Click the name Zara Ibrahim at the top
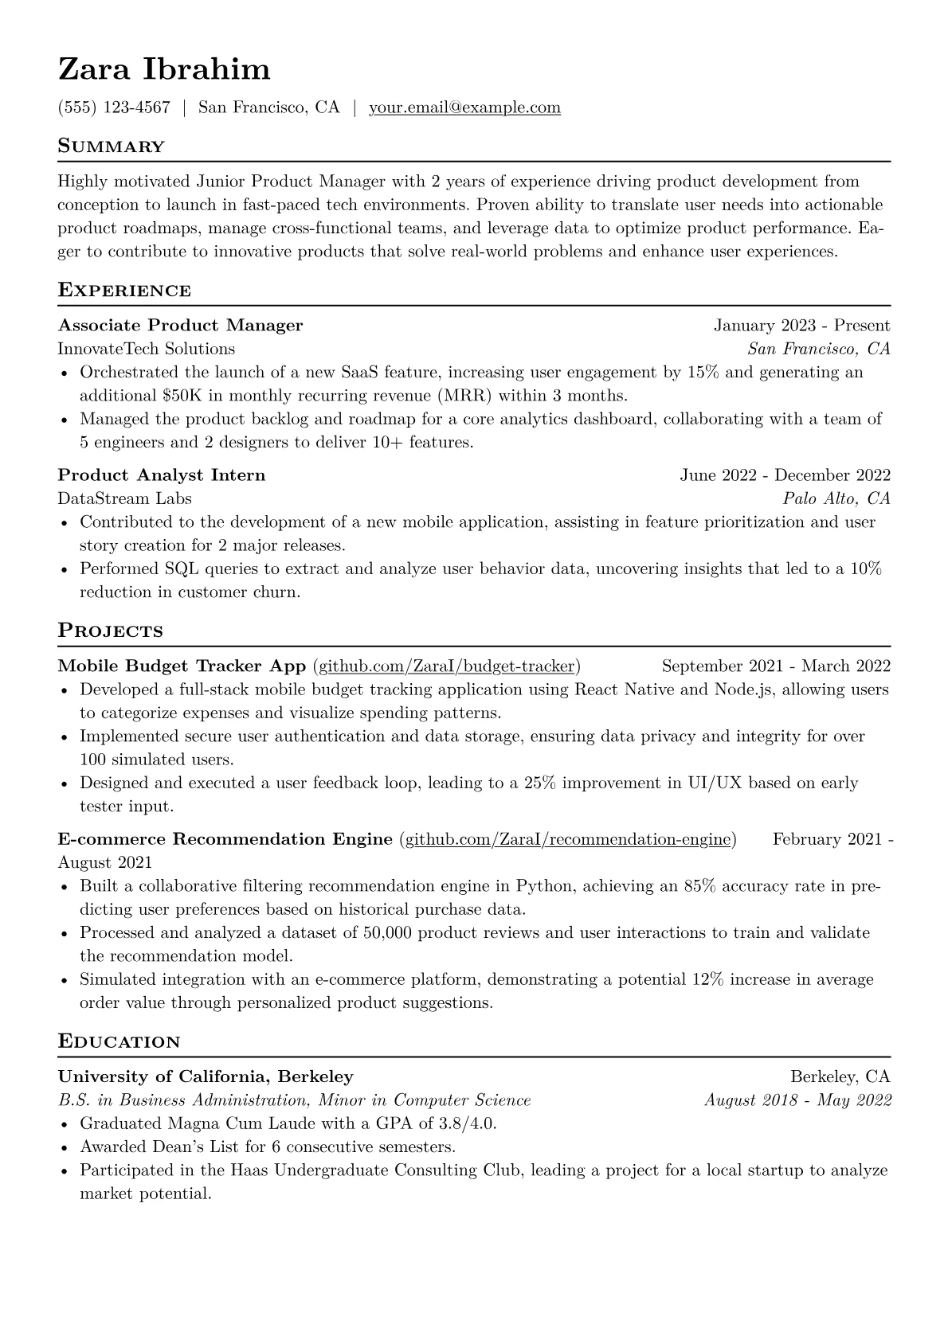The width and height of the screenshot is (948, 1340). (164, 70)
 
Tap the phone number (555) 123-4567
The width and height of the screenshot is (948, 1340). (114, 107)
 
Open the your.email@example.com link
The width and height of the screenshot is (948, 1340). (464, 107)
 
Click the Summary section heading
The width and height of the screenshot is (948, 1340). (111, 147)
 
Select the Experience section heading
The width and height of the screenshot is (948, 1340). (124, 291)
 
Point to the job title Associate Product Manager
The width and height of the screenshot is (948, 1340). (180, 326)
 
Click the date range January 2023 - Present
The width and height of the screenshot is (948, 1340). (801, 326)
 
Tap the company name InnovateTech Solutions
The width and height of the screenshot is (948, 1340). (147, 349)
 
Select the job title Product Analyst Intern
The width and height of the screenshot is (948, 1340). (162, 475)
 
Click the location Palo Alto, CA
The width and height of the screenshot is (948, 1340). (836, 498)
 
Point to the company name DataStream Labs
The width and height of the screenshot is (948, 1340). (124, 498)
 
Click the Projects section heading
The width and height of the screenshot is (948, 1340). (110, 631)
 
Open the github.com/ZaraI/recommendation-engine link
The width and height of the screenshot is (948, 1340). (568, 839)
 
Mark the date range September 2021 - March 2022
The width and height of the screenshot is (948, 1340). (776, 666)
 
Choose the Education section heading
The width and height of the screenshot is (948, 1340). (119, 1042)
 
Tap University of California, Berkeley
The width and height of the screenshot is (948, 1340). (206, 1077)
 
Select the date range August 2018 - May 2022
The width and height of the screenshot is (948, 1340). (797, 1100)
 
